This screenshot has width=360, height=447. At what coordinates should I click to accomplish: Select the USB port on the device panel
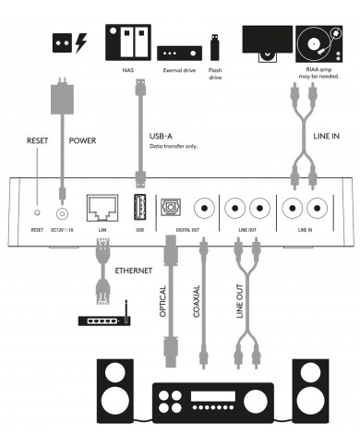[140, 205]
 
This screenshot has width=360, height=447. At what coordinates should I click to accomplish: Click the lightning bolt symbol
[80, 42]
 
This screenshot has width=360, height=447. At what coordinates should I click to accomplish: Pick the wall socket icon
[60, 42]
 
